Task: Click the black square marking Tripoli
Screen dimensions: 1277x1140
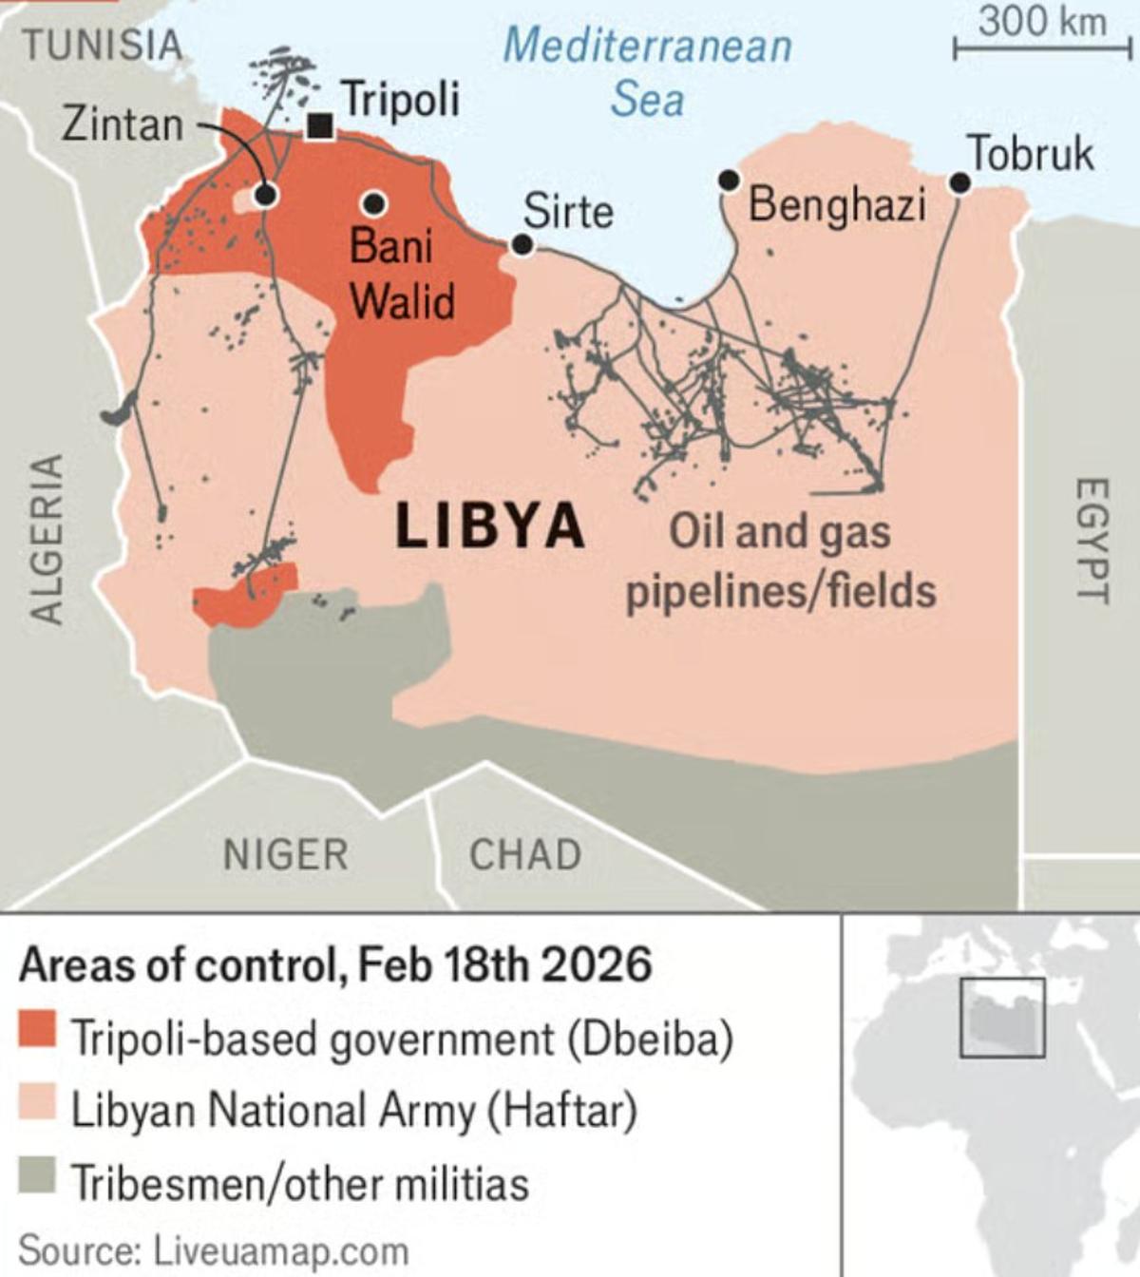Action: coord(320,125)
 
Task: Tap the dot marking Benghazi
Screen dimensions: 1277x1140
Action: coord(729,180)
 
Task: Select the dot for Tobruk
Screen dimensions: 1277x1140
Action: coord(960,182)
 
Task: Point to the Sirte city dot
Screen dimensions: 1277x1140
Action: coord(522,245)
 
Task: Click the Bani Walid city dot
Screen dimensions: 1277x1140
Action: coord(374,202)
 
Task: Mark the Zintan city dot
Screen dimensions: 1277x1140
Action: coord(266,195)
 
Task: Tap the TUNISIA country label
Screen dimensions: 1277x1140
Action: coord(102,46)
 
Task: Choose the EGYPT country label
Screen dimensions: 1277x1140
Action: coord(1092,539)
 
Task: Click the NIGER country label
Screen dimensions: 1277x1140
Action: coord(285,854)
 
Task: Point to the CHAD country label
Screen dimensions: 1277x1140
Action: coord(525,854)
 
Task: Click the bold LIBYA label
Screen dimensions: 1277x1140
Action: coord(489,525)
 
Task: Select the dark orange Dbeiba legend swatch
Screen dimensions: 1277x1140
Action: coord(37,1031)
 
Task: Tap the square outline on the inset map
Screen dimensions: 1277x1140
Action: coord(1002,1018)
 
